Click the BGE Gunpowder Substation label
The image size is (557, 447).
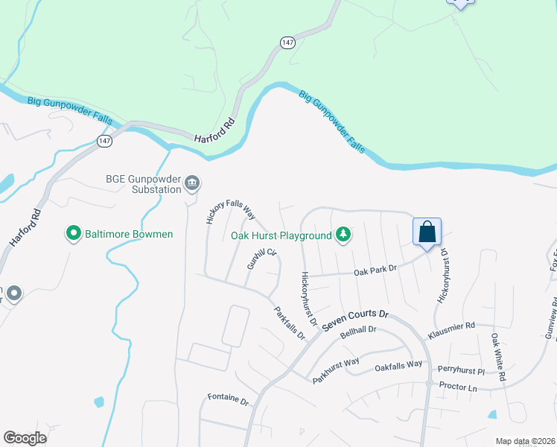pyautogui.click(x=143, y=184)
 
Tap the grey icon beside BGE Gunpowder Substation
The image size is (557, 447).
pyautogui.click(x=191, y=184)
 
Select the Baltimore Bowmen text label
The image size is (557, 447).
pyautogui.click(x=129, y=234)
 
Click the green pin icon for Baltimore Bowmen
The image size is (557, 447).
pyautogui.click(x=74, y=234)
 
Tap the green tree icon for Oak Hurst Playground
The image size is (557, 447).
pyautogui.click(x=343, y=235)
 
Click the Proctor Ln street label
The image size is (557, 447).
pyautogui.click(x=458, y=387)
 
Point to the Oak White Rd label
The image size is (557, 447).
pyautogui.click(x=497, y=358)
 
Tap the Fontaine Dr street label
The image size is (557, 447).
pyautogui.click(x=228, y=399)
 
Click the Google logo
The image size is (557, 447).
pyautogui.click(x=25, y=437)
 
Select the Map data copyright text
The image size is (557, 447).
pyautogui.click(x=525, y=441)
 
